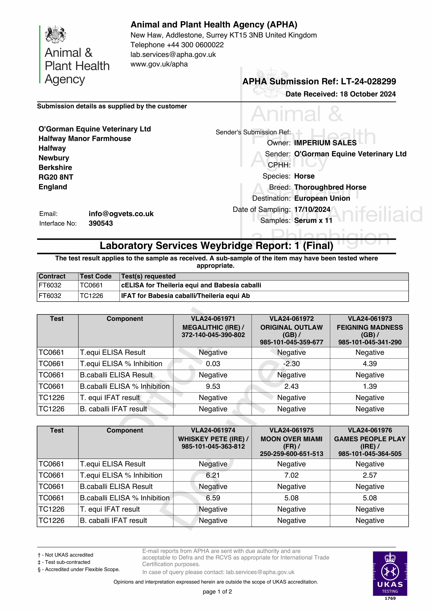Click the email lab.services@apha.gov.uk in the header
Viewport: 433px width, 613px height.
click(173, 54)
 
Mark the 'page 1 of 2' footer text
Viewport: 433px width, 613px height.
click(217, 592)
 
